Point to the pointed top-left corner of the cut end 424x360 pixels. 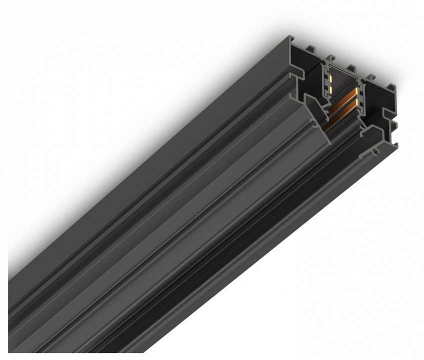[292, 37]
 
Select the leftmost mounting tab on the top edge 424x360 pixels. [310, 48]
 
